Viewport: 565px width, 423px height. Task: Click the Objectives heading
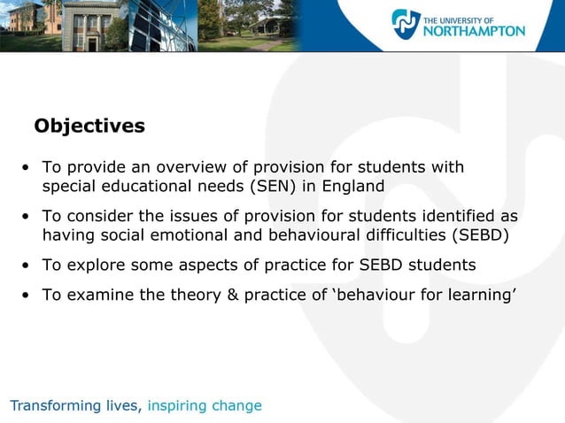(89, 127)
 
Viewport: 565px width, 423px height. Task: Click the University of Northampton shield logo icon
(406, 24)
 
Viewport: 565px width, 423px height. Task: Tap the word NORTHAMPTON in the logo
(476, 31)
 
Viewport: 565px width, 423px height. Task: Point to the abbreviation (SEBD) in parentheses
(481, 235)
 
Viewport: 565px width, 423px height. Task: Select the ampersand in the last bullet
(233, 295)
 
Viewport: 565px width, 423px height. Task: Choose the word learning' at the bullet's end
(481, 295)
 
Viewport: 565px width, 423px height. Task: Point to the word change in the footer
(241, 406)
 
